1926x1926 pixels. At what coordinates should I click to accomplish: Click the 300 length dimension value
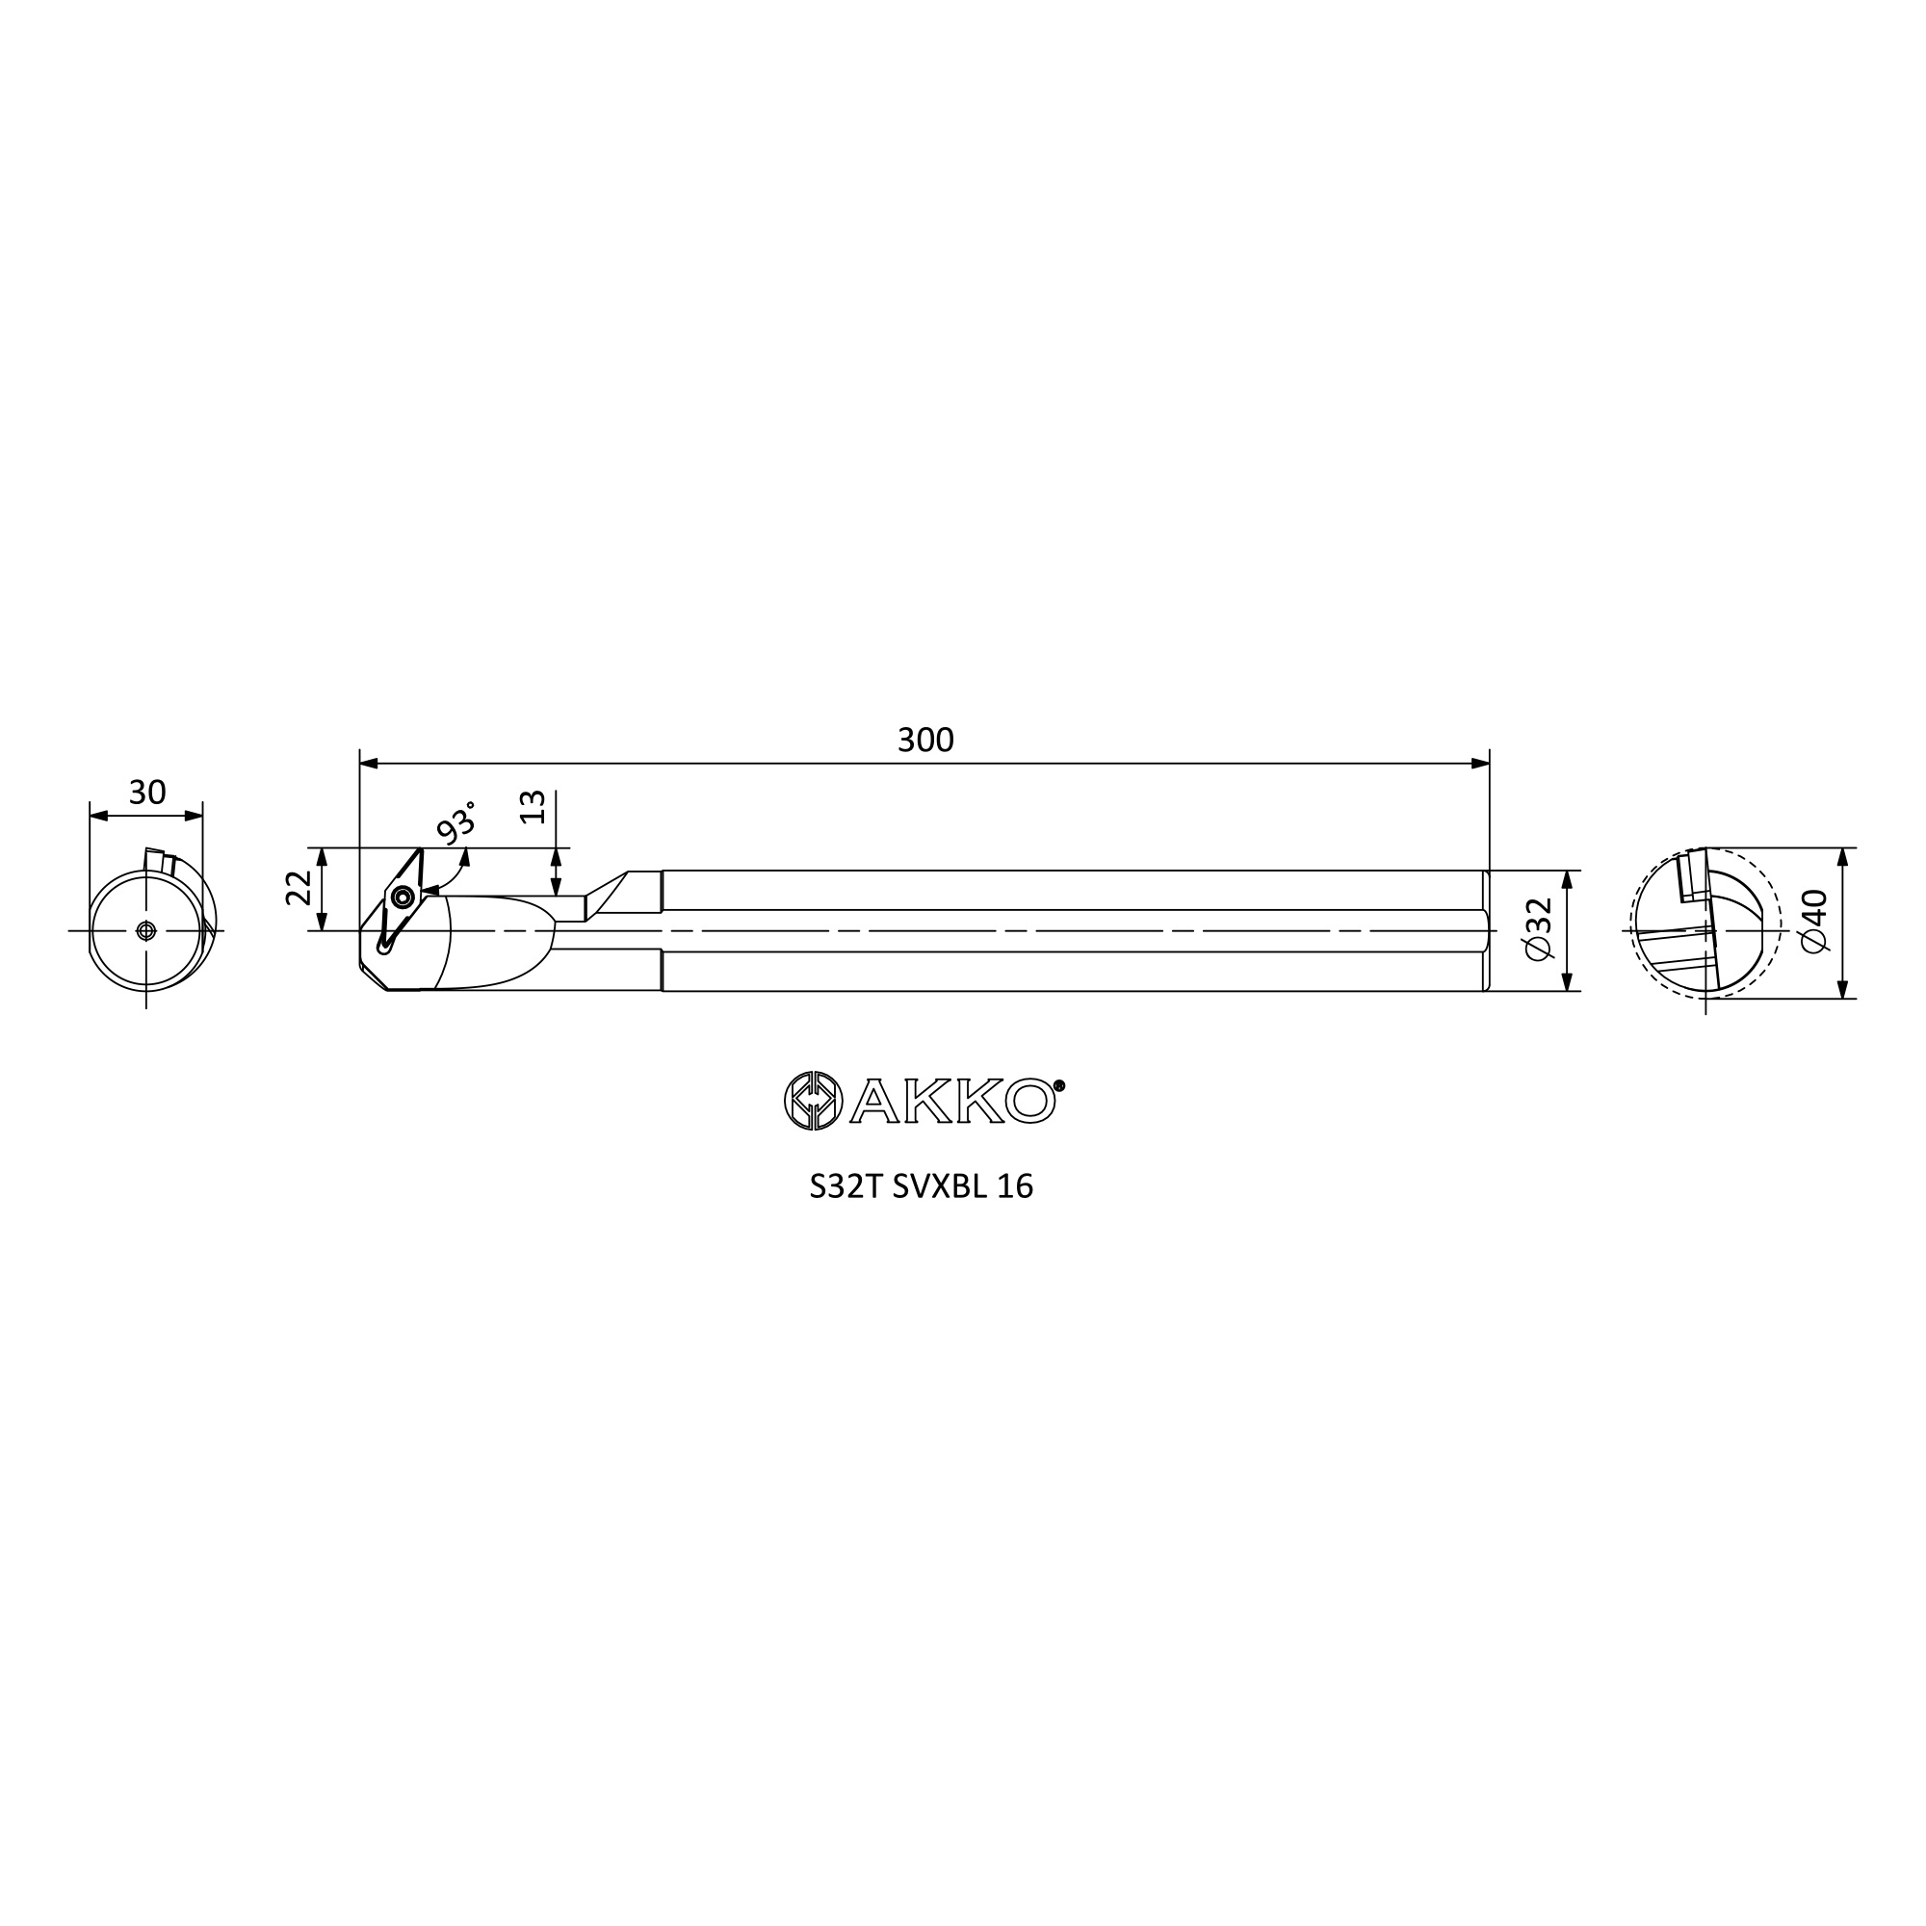pyautogui.click(x=925, y=740)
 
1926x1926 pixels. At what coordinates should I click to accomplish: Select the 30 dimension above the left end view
pyautogui.click(x=147, y=793)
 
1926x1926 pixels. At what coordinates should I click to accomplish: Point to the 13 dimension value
pyautogui.click(x=534, y=806)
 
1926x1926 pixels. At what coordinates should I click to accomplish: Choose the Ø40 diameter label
pyautogui.click(x=1814, y=922)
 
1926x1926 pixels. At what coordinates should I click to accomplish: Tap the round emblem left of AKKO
pyautogui.click(x=814, y=1101)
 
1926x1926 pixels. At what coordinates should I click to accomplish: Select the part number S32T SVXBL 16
pyautogui.click(x=922, y=1186)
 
